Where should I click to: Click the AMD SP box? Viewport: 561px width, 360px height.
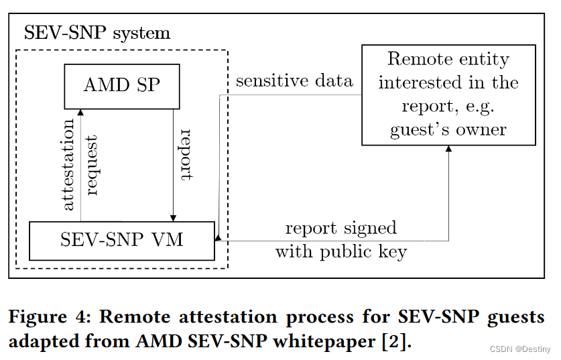pyautogui.click(x=122, y=86)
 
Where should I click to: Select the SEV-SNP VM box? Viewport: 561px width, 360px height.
pyautogui.click(x=122, y=240)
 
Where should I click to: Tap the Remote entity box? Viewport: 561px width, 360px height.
pyautogui.click(x=448, y=95)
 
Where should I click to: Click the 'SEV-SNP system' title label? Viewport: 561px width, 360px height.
pyautogui.click(x=97, y=33)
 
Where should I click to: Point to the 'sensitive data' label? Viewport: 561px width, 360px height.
pyautogui.click(x=294, y=81)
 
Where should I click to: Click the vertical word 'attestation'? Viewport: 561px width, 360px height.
pyautogui.click(x=68, y=165)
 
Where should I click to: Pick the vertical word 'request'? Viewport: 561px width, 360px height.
pyautogui.click(x=92, y=165)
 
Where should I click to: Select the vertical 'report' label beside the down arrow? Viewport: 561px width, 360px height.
pyautogui.click(x=186, y=155)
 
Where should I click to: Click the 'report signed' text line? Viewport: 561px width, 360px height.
pyautogui.click(x=340, y=228)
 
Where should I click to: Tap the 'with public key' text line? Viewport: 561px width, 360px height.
pyautogui.click(x=340, y=251)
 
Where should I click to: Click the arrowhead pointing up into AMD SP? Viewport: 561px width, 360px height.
pyautogui.click(x=80, y=113)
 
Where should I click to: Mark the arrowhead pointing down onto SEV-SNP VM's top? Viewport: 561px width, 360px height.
pyautogui.click(x=174, y=218)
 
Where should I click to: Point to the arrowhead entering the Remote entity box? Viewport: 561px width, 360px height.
pyautogui.click(x=448, y=148)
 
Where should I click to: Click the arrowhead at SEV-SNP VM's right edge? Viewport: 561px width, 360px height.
pyautogui.click(x=219, y=237)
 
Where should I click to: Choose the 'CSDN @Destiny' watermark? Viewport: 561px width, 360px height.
pyautogui.click(x=520, y=349)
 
